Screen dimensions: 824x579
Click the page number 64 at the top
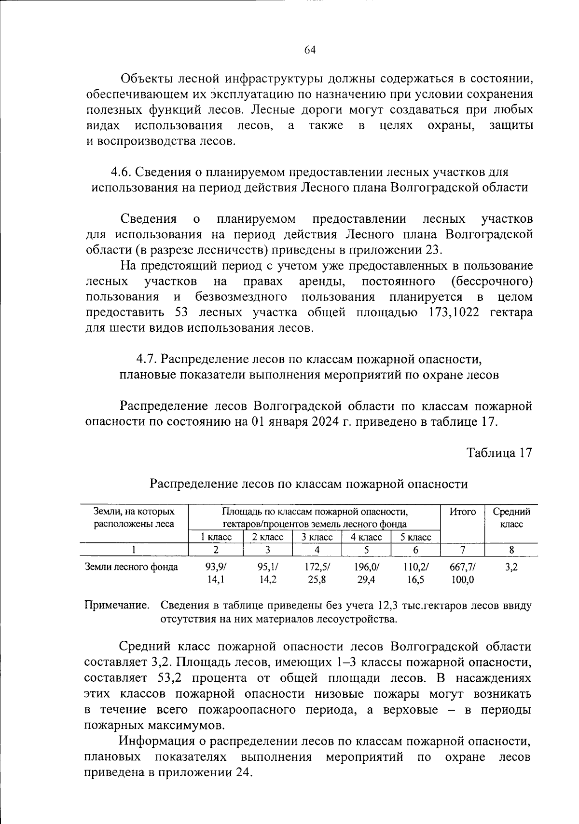(x=310, y=50)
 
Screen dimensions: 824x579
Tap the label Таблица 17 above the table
(x=499, y=453)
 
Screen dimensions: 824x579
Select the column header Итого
(x=463, y=512)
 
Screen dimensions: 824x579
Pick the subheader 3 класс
(x=317, y=537)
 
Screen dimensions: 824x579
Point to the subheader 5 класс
(x=416, y=537)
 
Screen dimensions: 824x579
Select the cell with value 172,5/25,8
(x=317, y=573)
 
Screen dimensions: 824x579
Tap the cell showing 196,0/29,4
(x=366, y=573)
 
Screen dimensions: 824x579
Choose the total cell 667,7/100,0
(x=463, y=573)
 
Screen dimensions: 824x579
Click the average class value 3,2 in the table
(x=511, y=567)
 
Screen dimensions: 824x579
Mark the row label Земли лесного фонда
(x=131, y=567)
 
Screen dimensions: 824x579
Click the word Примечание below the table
(x=117, y=606)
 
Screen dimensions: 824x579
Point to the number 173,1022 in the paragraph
(x=454, y=312)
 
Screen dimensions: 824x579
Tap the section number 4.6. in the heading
(x=121, y=172)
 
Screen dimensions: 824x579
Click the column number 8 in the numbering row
(x=511, y=550)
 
